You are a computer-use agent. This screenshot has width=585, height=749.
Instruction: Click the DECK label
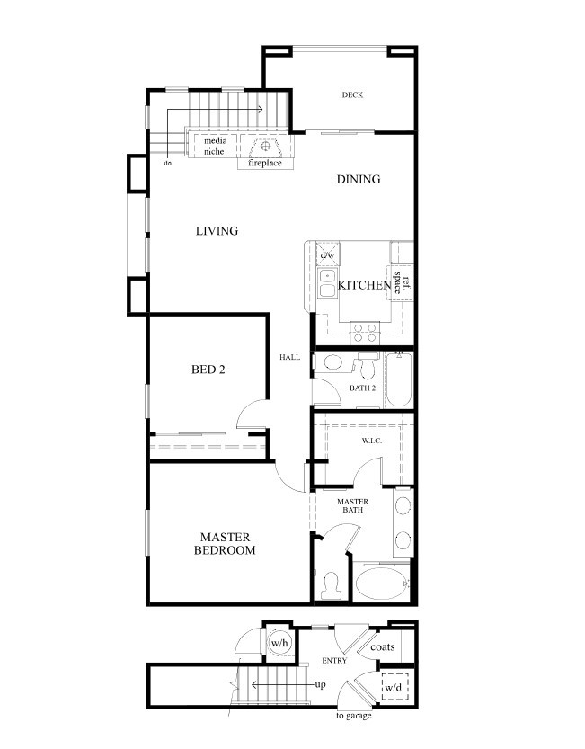352,94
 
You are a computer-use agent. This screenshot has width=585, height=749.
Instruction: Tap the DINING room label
359,179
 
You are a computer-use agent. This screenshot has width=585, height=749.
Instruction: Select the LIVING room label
217,231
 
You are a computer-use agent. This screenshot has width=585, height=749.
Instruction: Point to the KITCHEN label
364,285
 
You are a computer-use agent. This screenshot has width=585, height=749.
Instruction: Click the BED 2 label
208,370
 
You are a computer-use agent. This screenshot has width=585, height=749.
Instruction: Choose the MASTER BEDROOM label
225,544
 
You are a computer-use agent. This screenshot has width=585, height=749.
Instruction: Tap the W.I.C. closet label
371,441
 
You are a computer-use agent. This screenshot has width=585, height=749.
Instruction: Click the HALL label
290,357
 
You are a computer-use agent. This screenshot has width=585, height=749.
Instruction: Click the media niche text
215,147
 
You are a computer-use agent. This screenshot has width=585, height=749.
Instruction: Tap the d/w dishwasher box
328,254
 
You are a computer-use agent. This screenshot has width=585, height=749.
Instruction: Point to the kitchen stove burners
365,333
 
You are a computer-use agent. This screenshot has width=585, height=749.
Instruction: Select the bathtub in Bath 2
399,379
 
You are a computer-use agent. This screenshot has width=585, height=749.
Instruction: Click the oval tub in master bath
381,583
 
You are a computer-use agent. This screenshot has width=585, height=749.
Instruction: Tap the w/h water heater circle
279,643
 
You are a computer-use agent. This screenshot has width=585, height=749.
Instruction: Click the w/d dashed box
394,687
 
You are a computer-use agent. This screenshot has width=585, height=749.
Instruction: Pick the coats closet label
383,647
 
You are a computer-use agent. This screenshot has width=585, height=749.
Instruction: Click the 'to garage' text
354,716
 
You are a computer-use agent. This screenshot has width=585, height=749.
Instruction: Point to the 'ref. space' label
401,282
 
